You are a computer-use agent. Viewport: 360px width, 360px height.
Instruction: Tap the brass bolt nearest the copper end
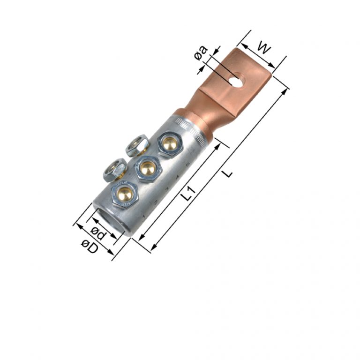168,143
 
